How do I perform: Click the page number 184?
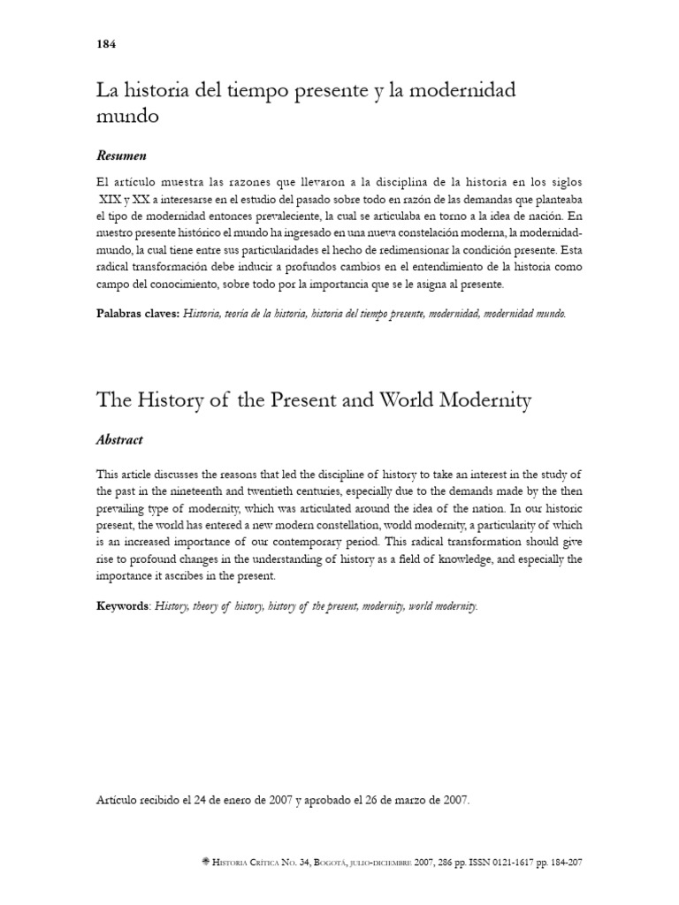105,44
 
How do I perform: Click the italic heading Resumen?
120,156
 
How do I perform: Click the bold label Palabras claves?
137,313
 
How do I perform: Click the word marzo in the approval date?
404,801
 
